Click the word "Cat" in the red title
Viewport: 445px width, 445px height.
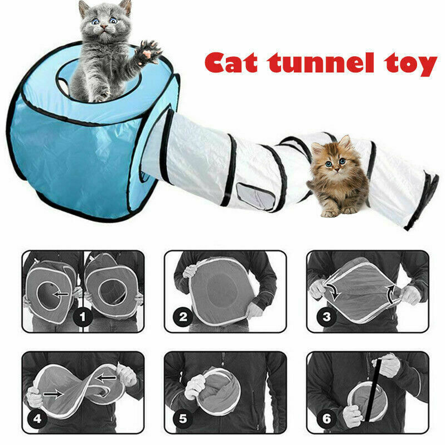[x=231, y=62]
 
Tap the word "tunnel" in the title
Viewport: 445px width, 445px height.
[x=321, y=62]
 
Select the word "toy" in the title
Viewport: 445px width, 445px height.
[x=410, y=65]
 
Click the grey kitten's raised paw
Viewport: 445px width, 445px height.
[x=148, y=52]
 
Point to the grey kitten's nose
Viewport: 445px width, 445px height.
[x=104, y=27]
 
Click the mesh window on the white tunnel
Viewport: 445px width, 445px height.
[x=256, y=196]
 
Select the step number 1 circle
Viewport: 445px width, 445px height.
[x=83, y=317]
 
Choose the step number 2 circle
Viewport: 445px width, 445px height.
[x=183, y=317]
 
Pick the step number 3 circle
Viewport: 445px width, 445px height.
[x=326, y=317]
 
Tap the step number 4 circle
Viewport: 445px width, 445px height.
[x=37, y=418]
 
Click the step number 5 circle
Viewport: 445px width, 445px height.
[x=183, y=418]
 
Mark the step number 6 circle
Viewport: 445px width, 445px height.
[x=326, y=418]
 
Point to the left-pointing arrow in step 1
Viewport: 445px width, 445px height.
[x=61, y=294]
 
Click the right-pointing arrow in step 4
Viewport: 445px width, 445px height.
[x=53, y=394]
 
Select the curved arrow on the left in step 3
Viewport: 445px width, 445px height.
[x=333, y=291]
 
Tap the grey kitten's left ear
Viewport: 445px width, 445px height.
[x=84, y=8]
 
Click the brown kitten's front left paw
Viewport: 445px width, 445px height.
[x=329, y=213]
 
